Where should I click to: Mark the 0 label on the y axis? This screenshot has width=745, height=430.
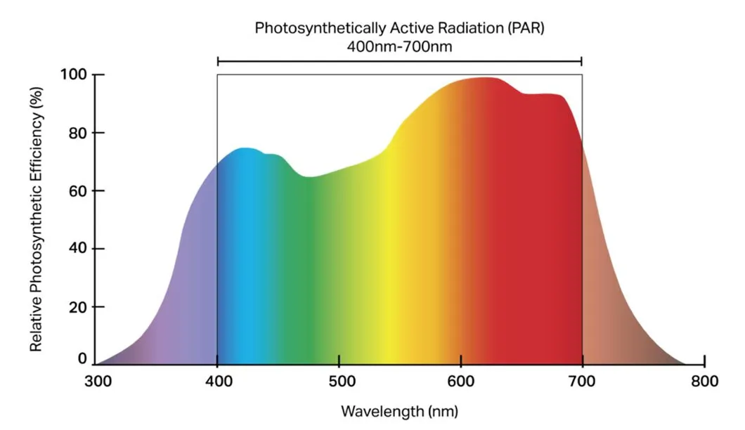coord(82,359)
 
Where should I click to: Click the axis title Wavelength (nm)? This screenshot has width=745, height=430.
coord(400,410)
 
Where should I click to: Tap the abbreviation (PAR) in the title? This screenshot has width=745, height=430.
coord(527,29)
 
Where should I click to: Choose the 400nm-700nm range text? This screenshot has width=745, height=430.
coord(400,46)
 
